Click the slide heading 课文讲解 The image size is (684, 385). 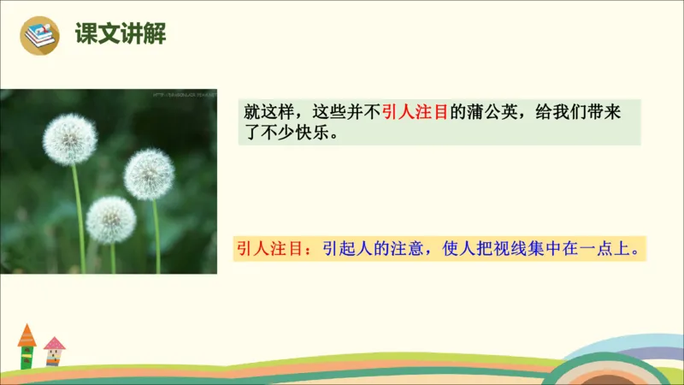tap(120, 33)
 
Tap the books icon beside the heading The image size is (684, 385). tap(38, 34)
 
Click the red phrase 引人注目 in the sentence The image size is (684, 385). tap(415, 112)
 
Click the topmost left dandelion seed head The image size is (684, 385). tap(69, 139)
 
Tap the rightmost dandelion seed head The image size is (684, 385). tap(149, 175)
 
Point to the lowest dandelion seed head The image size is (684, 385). tap(111, 220)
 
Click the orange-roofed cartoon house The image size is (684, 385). tap(27, 345)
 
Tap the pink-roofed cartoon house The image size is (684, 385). tap(54, 351)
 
